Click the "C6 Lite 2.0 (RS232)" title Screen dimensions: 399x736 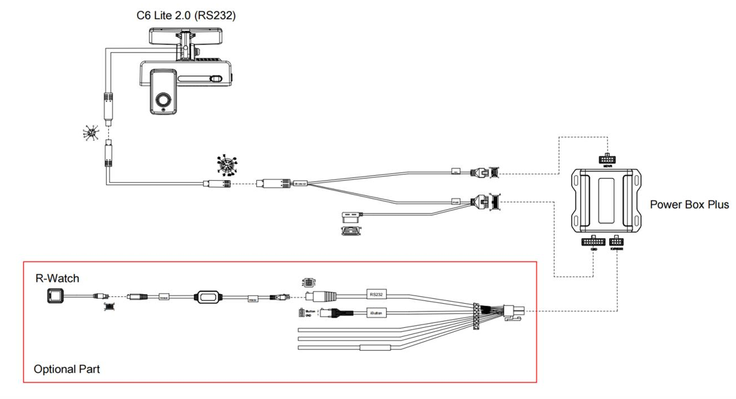point(186,16)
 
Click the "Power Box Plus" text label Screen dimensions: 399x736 point(689,205)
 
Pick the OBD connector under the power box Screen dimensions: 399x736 point(593,243)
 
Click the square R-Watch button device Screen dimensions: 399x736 point(56,296)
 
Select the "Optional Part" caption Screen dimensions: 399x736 point(67,369)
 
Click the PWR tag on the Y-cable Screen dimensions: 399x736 point(455,202)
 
